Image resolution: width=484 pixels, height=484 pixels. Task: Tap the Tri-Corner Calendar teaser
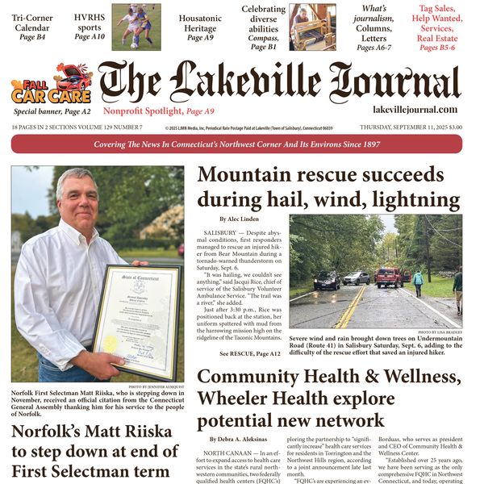click(32, 27)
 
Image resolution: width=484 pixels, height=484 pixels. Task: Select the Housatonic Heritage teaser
click(199, 27)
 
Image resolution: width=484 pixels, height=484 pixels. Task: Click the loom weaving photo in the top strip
click(312, 26)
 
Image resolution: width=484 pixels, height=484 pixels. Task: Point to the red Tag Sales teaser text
click(436, 27)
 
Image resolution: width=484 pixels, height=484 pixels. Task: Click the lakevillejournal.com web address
click(415, 110)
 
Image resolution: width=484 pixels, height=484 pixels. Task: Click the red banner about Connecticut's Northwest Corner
click(236, 144)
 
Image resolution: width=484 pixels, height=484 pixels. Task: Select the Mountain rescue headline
click(320, 186)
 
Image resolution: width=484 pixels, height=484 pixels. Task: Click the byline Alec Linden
click(239, 219)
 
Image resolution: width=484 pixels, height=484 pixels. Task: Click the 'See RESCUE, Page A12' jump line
click(250, 353)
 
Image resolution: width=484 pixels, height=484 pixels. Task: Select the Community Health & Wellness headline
click(328, 398)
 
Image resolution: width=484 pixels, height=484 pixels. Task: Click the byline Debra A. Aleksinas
click(242, 439)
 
